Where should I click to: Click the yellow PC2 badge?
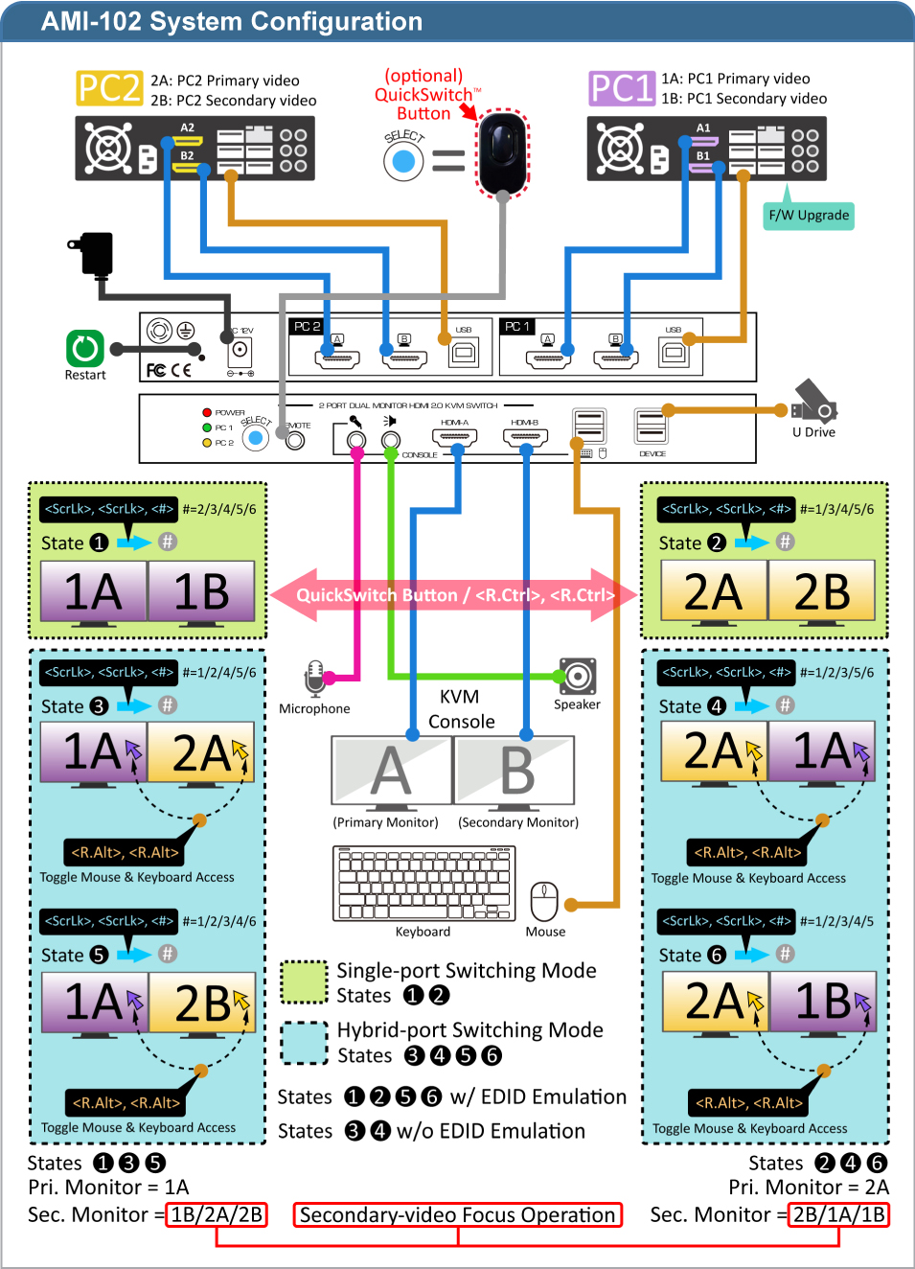pos(109,88)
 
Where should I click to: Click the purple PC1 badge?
pos(622,88)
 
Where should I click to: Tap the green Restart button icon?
pos(85,348)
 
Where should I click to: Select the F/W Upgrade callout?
pos(809,216)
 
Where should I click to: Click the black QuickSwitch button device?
pos(503,151)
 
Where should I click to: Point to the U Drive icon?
pos(813,402)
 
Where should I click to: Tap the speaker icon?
pos(578,676)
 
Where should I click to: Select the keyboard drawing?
pos(424,884)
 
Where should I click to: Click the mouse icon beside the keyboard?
pos(544,901)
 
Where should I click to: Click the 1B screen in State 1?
pos(201,591)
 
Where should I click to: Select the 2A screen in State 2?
pos(714,591)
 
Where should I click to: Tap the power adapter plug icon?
pos(95,253)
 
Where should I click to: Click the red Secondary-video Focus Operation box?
pos(458,1215)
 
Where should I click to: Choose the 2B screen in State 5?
pos(202,1004)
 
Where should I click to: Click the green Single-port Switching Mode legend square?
pos(305,982)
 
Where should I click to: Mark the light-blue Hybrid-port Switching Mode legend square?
pos(305,1043)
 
